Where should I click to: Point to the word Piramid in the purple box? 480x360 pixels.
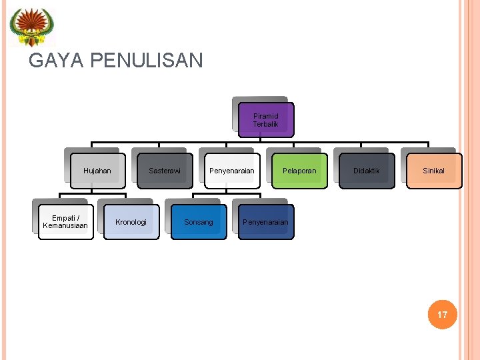[266, 115]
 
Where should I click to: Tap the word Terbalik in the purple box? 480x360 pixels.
[266, 124]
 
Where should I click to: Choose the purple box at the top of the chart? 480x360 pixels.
[266, 120]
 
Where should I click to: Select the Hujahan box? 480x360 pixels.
[97, 171]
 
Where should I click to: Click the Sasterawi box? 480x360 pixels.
[165, 171]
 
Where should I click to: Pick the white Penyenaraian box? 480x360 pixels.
[232, 171]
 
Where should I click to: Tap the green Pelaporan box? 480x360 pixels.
[299, 171]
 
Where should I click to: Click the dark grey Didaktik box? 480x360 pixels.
[367, 171]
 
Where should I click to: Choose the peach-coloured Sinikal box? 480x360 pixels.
[434, 171]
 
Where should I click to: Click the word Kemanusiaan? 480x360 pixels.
[65, 226]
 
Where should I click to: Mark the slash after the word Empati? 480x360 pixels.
[78, 217]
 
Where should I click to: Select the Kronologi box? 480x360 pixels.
[131, 222]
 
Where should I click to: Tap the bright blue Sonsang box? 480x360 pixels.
[199, 222]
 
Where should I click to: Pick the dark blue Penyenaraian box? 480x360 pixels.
[266, 222]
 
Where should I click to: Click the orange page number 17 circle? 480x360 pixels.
[443, 314]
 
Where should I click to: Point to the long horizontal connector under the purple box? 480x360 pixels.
[200, 142]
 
